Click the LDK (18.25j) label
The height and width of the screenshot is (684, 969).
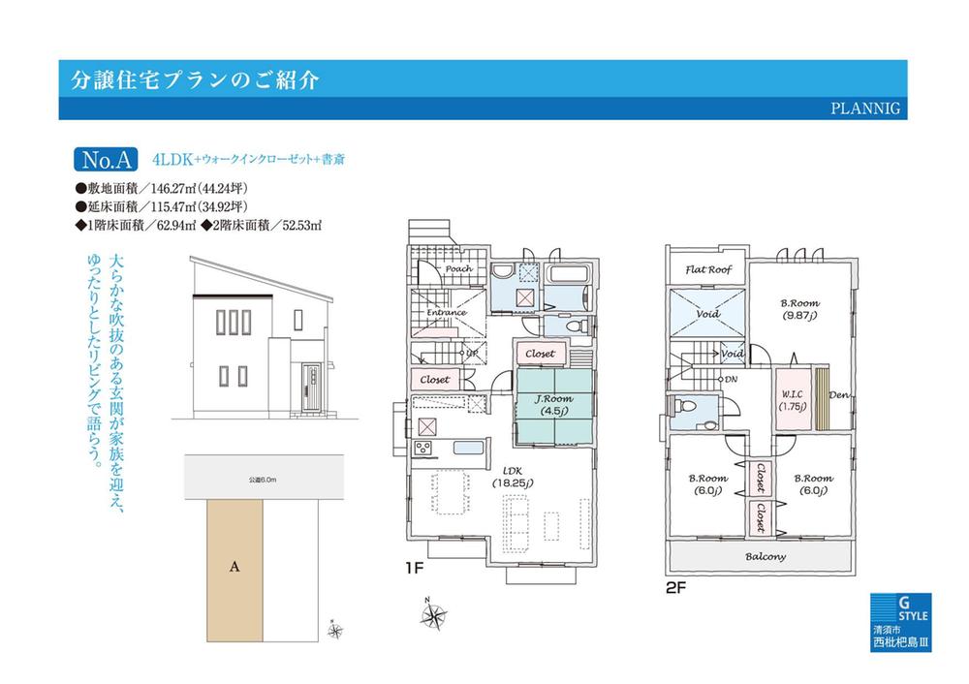pos(507,476)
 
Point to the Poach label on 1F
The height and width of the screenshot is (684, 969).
pos(458,270)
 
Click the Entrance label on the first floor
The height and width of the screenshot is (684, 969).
pos(447,313)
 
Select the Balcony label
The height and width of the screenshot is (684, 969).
pos(765,557)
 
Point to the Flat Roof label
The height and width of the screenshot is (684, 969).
pos(708,270)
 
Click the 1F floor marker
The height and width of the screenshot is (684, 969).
pos(415,571)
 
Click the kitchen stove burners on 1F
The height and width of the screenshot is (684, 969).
pos(423,448)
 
